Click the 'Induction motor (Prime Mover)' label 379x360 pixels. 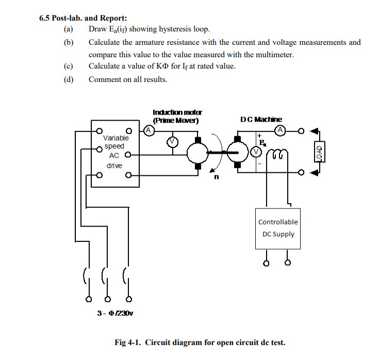[x=177, y=116]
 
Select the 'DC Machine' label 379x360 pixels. [x=261, y=119]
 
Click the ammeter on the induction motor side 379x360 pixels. [x=147, y=130]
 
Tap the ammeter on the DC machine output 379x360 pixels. [x=280, y=130]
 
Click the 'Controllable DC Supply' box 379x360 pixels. [x=277, y=228]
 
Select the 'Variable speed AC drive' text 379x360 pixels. [x=115, y=151]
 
